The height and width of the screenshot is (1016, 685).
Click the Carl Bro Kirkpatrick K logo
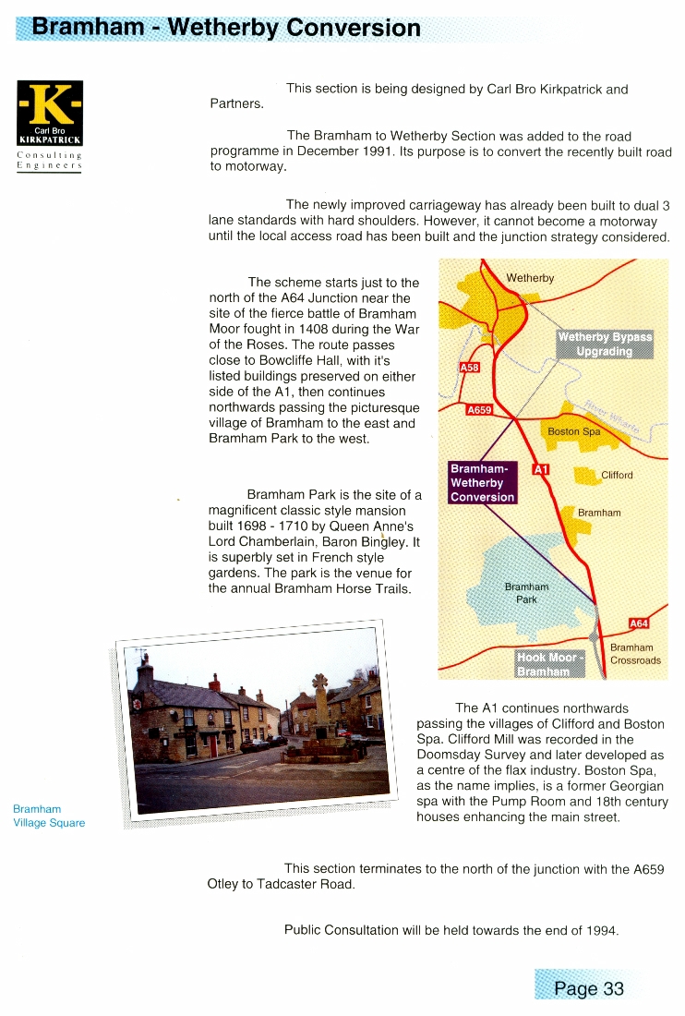(50, 114)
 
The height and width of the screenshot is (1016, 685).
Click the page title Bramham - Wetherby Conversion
(226, 27)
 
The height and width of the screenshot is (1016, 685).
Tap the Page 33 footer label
(589, 988)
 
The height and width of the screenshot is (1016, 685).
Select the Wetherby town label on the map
(530, 278)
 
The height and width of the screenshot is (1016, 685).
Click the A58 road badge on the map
(469, 368)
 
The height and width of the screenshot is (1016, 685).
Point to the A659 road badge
(479, 409)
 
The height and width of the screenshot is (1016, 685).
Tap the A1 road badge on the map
(542, 469)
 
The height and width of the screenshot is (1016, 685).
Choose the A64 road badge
(639, 623)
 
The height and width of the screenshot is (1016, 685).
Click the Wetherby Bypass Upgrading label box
(605, 345)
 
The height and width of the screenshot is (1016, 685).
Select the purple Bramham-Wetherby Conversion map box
(482, 482)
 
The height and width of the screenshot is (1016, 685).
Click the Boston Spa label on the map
(574, 431)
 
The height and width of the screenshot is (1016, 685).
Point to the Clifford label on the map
(617, 476)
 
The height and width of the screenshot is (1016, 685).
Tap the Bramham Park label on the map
(526, 593)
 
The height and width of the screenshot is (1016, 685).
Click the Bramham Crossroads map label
(635, 654)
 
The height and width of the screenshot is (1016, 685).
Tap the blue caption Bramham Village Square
(49, 816)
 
